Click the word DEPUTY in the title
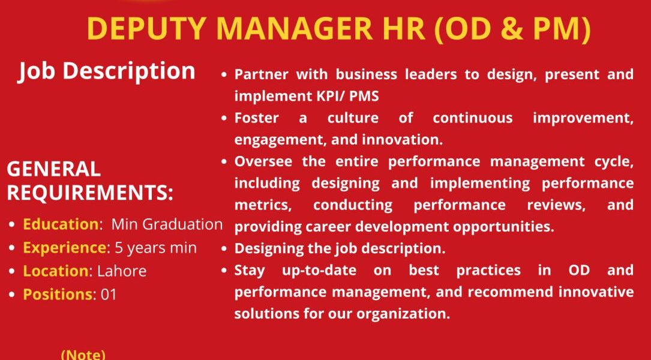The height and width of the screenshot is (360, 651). click(146, 29)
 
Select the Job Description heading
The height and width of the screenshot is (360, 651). click(107, 71)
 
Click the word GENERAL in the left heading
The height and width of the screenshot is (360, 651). click(53, 169)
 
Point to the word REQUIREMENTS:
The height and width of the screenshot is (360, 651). click(90, 193)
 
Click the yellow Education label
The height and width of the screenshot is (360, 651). click(61, 224)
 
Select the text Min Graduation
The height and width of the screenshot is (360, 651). click(167, 224)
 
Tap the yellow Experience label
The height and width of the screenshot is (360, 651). click(64, 248)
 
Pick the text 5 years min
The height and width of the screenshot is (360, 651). click(155, 248)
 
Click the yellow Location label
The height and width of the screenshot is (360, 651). click(56, 271)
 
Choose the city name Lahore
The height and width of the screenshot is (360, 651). click(122, 271)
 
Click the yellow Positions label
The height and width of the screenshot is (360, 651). click(57, 295)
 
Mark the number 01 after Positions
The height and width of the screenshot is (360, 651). click(109, 295)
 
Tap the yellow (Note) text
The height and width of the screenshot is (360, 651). click(83, 355)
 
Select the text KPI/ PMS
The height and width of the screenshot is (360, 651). click(345, 97)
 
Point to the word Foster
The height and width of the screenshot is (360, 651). click(257, 118)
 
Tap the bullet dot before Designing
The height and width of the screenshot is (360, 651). click(224, 249)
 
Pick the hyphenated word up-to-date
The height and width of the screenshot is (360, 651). click(319, 271)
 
